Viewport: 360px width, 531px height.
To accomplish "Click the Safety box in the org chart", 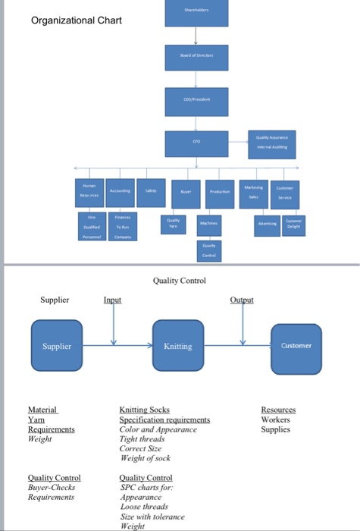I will click(151, 192).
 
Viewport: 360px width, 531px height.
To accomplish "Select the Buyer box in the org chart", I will click(186, 193).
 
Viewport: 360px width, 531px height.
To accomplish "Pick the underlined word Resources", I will click(279, 410).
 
